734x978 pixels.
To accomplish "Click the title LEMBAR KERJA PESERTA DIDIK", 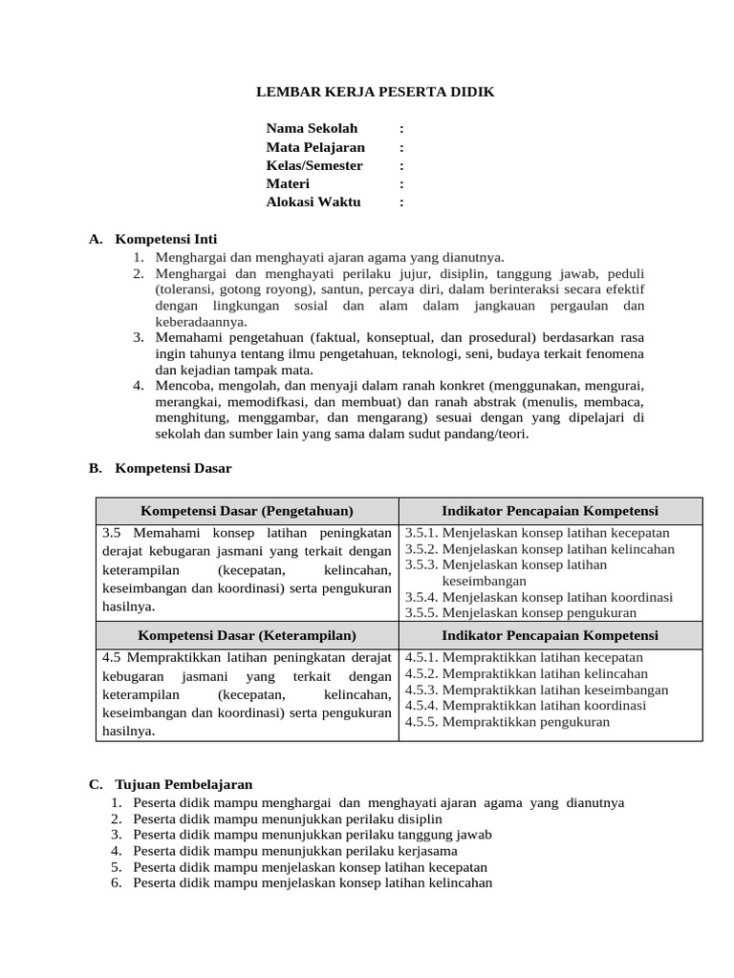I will click(376, 92).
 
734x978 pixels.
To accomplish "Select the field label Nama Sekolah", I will click(312, 128).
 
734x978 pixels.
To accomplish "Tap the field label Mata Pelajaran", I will click(315, 147).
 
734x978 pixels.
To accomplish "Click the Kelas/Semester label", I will click(314, 165).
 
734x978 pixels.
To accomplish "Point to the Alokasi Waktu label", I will click(313, 202).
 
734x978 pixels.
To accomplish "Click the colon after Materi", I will click(401, 183).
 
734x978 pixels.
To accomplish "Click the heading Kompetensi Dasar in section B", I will click(173, 468).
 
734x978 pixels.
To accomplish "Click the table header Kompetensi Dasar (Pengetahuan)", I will click(247, 511).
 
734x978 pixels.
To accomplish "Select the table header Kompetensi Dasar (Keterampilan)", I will click(247, 635).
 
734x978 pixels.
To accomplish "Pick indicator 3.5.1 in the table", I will click(537, 533).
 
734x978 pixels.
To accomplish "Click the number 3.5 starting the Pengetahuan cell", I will click(114, 533).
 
